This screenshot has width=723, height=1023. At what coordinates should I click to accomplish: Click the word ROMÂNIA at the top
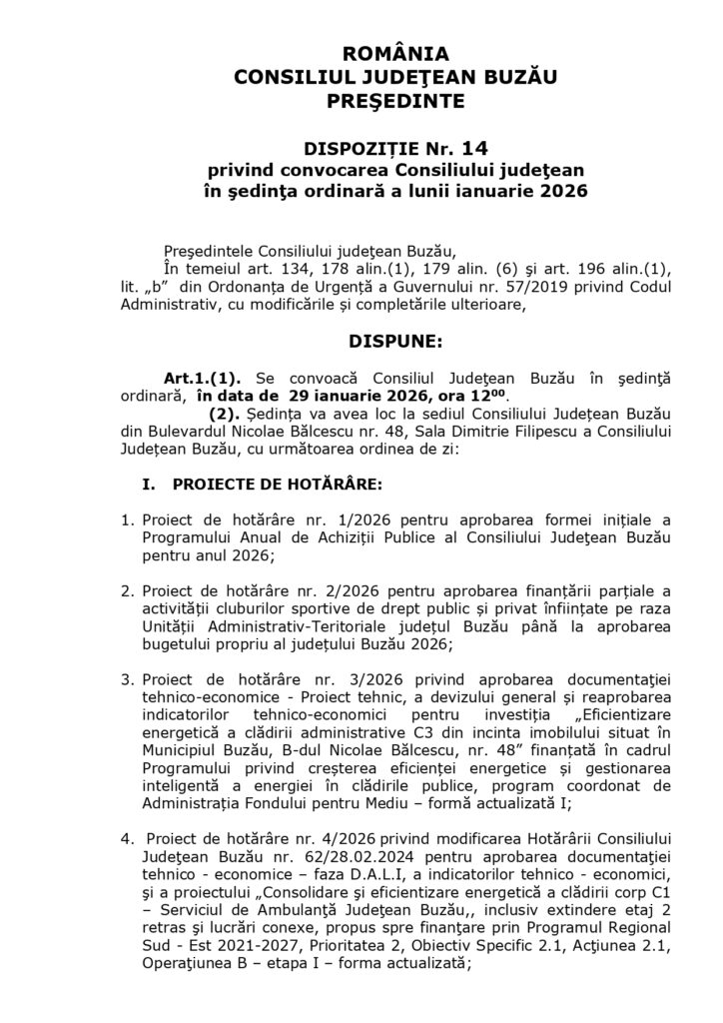coord(361,54)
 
